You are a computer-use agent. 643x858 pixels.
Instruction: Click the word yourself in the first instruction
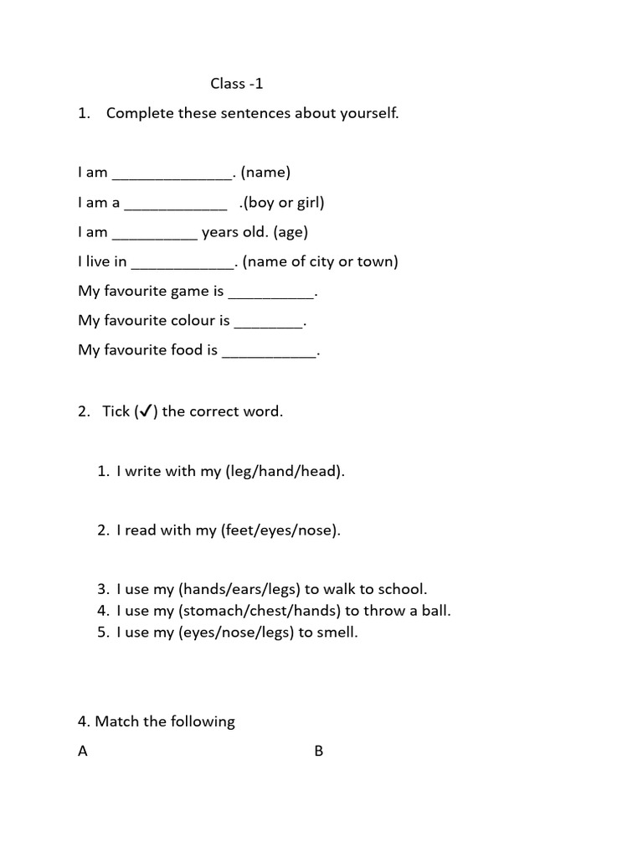click(366, 113)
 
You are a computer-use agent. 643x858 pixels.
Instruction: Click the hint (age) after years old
click(291, 232)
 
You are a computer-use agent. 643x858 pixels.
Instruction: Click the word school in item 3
click(401, 589)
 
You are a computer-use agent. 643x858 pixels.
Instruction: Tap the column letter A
click(83, 752)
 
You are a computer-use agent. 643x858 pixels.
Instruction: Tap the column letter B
click(318, 752)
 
